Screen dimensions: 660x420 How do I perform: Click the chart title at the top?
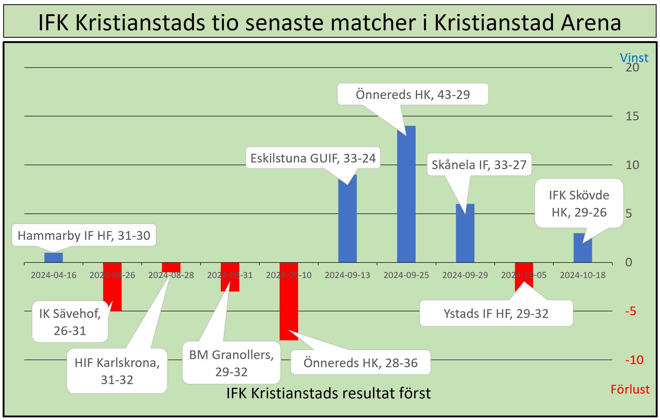coord(330,22)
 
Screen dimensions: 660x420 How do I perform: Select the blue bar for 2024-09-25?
coord(406,194)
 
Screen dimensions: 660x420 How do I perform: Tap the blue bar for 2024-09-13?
coord(347,218)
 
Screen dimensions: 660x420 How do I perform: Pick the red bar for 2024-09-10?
coord(289,301)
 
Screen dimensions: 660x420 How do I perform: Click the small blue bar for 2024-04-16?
coord(54,257)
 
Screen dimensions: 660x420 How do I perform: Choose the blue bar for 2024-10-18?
coord(583,248)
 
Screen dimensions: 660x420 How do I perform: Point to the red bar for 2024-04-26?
coord(112,287)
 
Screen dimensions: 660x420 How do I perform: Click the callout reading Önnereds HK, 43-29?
coord(413,94)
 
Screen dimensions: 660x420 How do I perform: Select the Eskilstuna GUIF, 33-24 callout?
coord(313,158)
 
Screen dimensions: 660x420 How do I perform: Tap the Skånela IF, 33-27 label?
coord(479,164)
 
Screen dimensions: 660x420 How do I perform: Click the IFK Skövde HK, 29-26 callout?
coord(579,203)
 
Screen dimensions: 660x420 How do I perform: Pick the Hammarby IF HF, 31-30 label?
coord(84,235)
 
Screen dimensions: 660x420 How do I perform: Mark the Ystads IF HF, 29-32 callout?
coord(496,313)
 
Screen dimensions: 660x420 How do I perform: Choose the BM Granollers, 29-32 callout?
coord(231,363)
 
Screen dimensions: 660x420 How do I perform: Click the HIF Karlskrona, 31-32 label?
coord(117,371)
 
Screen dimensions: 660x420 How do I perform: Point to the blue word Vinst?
coord(634,58)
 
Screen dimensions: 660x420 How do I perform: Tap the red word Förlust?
coord(630,389)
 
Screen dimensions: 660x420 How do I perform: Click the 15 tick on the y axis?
coord(632,116)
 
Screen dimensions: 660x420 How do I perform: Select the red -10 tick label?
coord(634,360)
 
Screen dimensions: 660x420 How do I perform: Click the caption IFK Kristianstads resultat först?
coord(328,393)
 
